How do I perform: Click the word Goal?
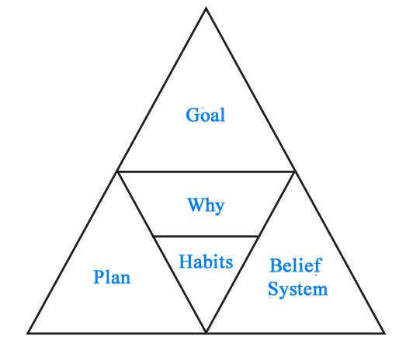click(x=206, y=115)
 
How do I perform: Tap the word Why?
click(x=206, y=206)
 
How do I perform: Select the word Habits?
click(x=206, y=261)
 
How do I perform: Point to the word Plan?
click(x=112, y=277)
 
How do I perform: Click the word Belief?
click(x=296, y=265)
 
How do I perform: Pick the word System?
click(x=298, y=289)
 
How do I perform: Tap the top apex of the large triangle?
click(x=206, y=9)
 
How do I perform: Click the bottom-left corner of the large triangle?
click(x=28, y=333)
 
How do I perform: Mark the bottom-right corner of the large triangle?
click(x=385, y=333)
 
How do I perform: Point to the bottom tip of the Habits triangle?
click(x=206, y=332)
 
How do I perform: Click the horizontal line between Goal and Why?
click(x=206, y=171)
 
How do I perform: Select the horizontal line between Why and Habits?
click(x=206, y=236)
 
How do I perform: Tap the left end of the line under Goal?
click(x=117, y=171)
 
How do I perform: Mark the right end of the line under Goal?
click(x=295, y=171)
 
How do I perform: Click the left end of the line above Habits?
click(x=153, y=236)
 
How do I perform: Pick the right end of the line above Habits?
click(x=258, y=236)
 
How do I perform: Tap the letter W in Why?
click(x=196, y=205)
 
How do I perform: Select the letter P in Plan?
click(x=99, y=277)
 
